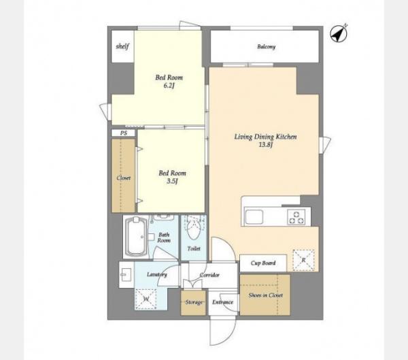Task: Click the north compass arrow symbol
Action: tap(339, 33)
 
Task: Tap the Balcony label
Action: tap(266, 47)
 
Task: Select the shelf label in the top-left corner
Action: tap(122, 46)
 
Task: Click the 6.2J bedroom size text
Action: tap(169, 86)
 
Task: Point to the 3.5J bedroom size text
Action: tap(172, 181)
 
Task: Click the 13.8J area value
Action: tap(265, 145)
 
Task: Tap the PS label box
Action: tap(124, 133)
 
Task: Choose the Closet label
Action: tap(123, 178)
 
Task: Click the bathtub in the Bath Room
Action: tap(135, 237)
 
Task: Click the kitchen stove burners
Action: tap(296, 218)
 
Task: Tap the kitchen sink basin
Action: tap(254, 217)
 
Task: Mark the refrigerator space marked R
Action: tap(303, 260)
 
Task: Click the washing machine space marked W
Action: tap(146, 299)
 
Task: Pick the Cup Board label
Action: tap(263, 263)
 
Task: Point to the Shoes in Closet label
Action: tap(265, 295)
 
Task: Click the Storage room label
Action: tap(194, 302)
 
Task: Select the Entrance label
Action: tap(222, 302)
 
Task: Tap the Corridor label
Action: tap(209, 275)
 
